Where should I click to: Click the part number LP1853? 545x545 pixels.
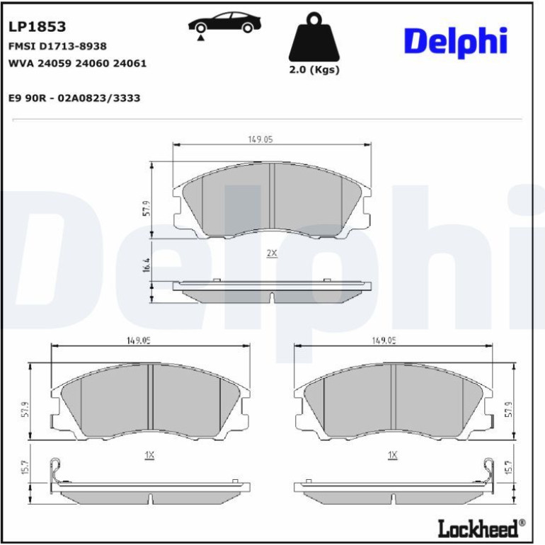tap(37, 27)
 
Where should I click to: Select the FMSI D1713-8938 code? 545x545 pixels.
tap(57, 46)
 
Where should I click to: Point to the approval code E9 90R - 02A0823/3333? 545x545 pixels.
tap(74, 98)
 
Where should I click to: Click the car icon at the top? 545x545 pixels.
tap(224, 23)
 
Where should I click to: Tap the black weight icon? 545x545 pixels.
tap(314, 38)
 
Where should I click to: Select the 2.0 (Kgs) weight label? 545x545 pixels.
tap(314, 69)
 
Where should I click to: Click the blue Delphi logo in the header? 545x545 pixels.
tap(456, 41)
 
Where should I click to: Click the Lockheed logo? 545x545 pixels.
tap(481, 529)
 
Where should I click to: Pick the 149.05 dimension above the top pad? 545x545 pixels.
tap(260, 139)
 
